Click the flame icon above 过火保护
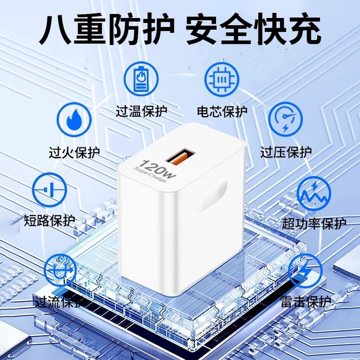[74, 119]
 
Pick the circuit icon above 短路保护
[51, 190]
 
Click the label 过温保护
[142, 110]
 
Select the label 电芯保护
[222, 111]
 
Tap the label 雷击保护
[305, 302]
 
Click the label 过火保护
[74, 152]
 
